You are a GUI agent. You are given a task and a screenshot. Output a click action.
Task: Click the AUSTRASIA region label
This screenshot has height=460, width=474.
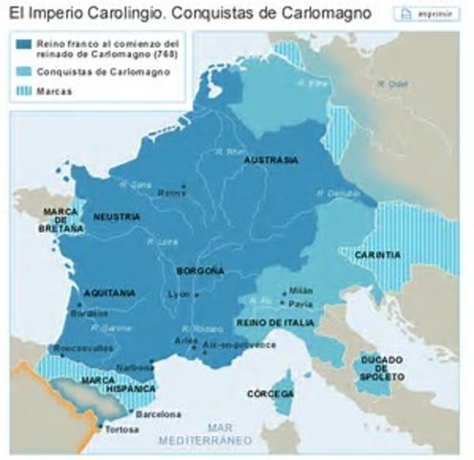(x=271, y=161)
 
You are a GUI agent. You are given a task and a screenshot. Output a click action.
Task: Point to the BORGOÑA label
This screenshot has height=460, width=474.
(x=199, y=271)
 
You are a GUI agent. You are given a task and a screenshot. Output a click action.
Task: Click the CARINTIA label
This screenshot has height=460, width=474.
(x=376, y=255)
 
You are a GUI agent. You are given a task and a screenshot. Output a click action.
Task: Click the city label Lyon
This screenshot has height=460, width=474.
(x=175, y=294)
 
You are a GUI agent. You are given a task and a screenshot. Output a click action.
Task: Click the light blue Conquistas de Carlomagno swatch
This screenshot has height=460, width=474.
(x=26, y=71)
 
